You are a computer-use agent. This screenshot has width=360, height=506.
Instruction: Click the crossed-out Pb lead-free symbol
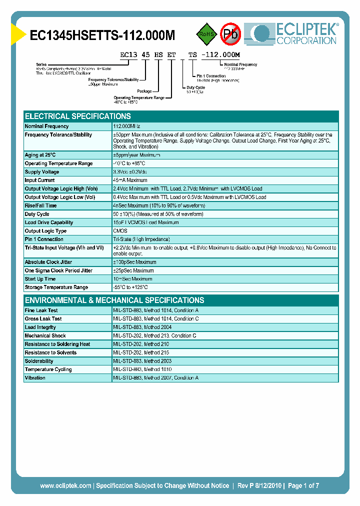pyautogui.click(x=230, y=34)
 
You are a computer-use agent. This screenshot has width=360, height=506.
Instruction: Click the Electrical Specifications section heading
pyautogui.click(x=78, y=116)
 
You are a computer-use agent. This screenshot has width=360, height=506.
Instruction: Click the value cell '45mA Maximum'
pyautogui.click(x=130, y=180)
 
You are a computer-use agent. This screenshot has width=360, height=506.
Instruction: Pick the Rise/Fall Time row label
pyautogui.click(x=41, y=205)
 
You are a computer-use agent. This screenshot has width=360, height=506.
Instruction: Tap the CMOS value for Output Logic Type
pyautogui.click(x=120, y=231)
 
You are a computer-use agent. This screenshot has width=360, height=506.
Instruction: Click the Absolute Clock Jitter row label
pyautogui.click(x=48, y=262)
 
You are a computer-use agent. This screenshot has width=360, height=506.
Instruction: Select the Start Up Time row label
pyautogui.click(x=40, y=279)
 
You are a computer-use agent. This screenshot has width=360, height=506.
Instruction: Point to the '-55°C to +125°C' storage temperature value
pyautogui.click(x=131, y=287)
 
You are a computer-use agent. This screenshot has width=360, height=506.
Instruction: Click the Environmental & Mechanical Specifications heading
pyautogui.click(x=114, y=300)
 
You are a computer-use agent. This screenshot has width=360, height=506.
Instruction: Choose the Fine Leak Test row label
pyautogui.click(x=41, y=310)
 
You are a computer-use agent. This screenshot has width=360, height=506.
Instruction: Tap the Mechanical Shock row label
pyautogui.click(x=45, y=336)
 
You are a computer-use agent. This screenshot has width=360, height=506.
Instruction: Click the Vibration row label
pyautogui.click(x=35, y=378)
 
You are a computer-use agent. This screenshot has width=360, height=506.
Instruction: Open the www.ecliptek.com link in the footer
pyautogui.click(x=65, y=485)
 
